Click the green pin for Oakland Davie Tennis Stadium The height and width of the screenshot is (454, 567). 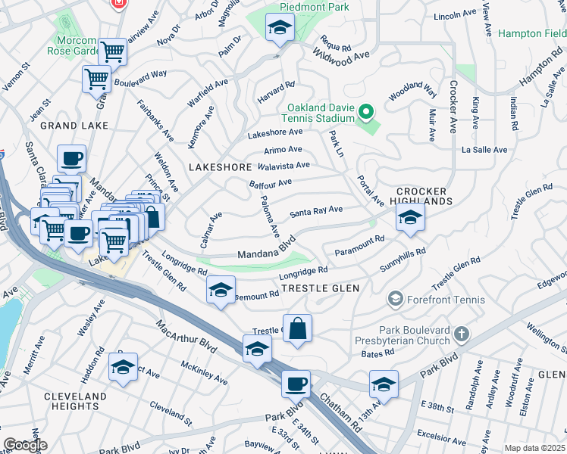[366, 113]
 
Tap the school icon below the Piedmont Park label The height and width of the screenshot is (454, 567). [279, 29]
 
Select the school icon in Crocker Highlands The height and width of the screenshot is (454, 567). [409, 218]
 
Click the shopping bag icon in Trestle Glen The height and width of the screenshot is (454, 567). [297, 328]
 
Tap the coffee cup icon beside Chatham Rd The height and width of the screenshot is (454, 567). [296, 383]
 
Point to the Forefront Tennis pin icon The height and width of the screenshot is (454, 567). [394, 300]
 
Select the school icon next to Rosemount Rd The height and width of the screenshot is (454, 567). [221, 291]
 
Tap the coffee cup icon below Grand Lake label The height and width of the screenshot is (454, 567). [71, 159]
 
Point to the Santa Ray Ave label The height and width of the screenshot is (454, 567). [316, 211]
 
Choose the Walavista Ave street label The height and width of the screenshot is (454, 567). [283, 166]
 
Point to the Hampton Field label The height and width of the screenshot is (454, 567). [532, 34]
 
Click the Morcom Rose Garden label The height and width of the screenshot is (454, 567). [76, 46]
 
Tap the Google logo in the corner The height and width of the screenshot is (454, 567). [24, 445]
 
